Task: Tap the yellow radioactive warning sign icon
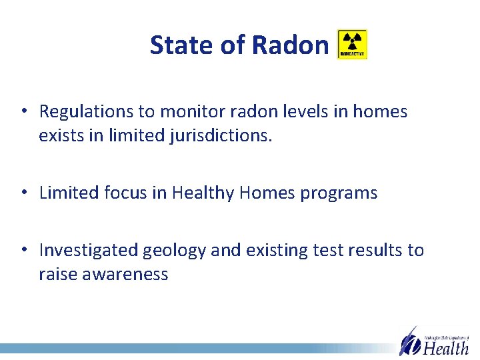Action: click(x=352, y=45)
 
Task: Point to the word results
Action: click(x=371, y=250)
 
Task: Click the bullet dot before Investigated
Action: click(x=23, y=250)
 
